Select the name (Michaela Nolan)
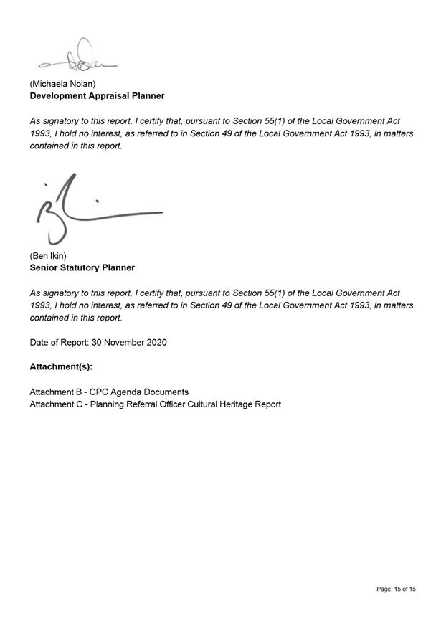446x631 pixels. click(x=62, y=84)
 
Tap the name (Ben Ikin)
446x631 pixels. click(x=48, y=256)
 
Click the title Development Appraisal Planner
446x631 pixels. click(x=97, y=95)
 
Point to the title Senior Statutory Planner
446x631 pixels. click(x=82, y=267)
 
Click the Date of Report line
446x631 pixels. click(x=98, y=342)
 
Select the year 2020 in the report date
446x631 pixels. click(x=156, y=342)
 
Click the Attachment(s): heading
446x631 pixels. click(x=61, y=366)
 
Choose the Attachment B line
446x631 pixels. click(x=109, y=392)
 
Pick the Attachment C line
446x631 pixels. click(x=155, y=404)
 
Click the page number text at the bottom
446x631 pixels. click(x=396, y=589)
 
